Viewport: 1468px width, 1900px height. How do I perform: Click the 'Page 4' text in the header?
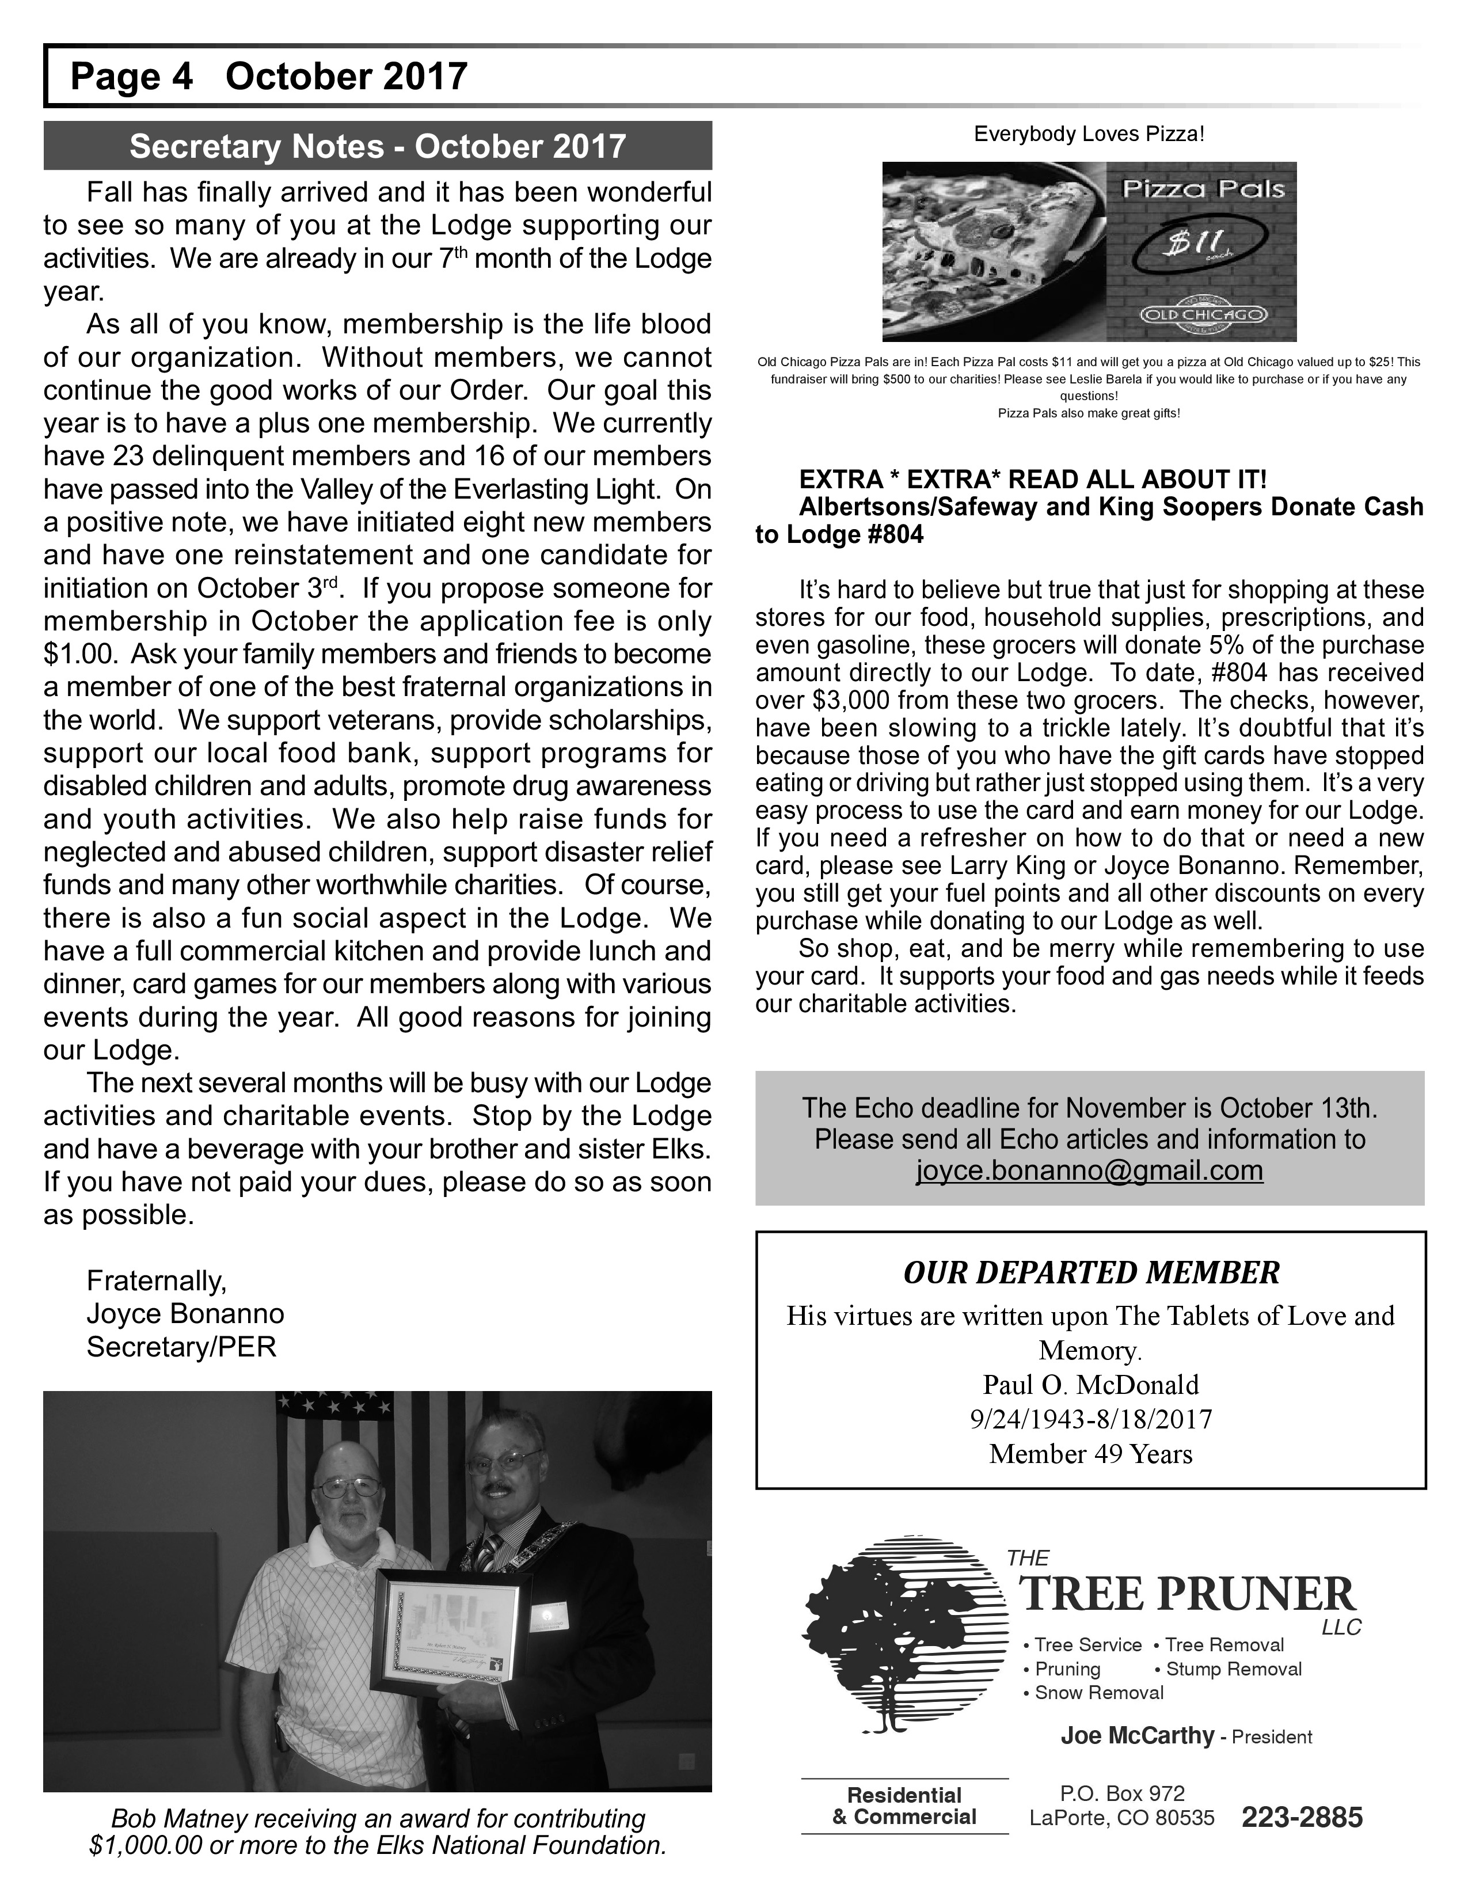click(x=131, y=77)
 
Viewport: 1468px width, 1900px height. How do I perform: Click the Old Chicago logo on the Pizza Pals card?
click(x=1202, y=314)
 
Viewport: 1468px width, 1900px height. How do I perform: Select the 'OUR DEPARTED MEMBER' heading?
click(x=1090, y=1273)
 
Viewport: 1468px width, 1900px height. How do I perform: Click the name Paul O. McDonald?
click(x=1090, y=1384)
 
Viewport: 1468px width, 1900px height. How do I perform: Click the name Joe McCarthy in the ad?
click(x=1136, y=1736)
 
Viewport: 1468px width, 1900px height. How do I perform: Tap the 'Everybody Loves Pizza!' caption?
click(x=1089, y=134)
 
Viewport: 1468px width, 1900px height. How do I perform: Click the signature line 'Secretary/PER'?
click(x=181, y=1347)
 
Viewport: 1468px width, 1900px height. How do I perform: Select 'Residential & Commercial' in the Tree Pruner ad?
click(x=904, y=1806)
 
